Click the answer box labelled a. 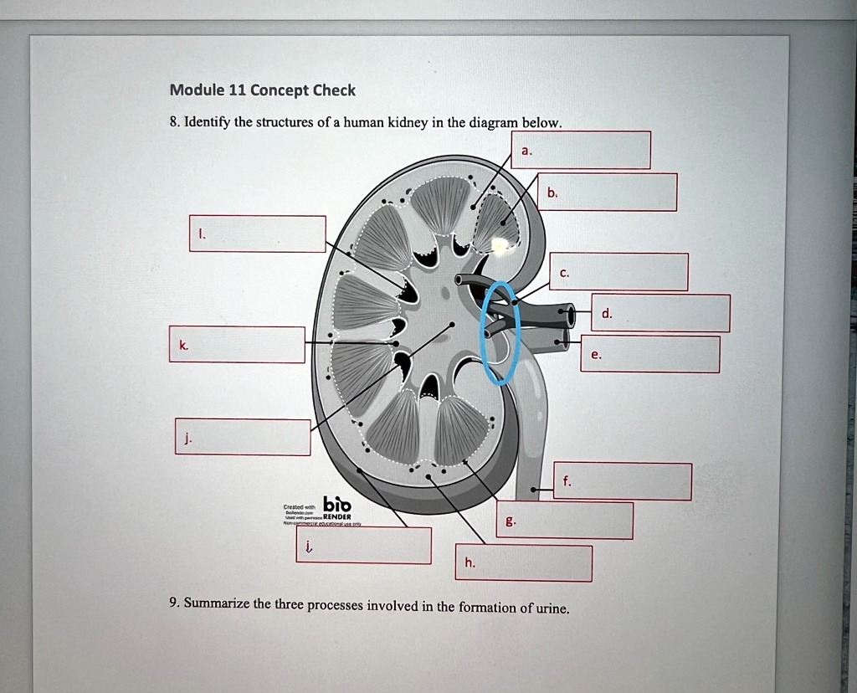(580, 150)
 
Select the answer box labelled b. (606, 192)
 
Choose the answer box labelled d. (660, 313)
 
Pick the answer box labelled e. (649, 354)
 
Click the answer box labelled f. (622, 481)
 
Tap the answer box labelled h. (523, 563)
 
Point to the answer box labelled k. (237, 345)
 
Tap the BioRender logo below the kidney (338, 506)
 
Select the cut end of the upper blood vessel (571, 316)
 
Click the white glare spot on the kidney (500, 244)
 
